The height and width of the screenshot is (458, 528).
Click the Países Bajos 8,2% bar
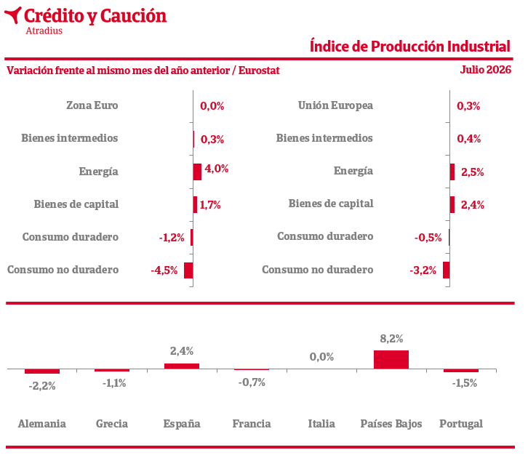point(391,359)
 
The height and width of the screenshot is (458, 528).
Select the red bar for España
point(182,366)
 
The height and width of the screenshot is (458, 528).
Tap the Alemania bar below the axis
point(42,371)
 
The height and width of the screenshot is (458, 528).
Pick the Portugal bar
point(461,371)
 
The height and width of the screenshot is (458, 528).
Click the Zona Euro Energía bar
point(197,172)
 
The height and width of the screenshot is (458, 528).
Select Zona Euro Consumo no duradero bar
point(188,270)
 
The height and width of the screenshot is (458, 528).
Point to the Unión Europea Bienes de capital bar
point(452,204)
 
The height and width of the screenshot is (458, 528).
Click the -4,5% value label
point(164,270)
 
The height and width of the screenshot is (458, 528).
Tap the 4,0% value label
point(217,169)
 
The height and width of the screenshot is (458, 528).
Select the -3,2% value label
point(423,270)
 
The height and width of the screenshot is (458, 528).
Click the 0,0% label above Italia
point(321,357)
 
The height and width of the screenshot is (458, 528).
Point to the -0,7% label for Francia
point(252,382)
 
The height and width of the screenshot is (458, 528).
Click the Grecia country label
point(112,423)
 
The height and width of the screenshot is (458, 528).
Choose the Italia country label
point(321,423)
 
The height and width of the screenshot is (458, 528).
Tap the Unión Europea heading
point(335,105)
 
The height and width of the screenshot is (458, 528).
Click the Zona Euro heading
point(92,105)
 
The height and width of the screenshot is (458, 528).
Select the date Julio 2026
point(486,70)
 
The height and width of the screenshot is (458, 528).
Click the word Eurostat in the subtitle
point(259,71)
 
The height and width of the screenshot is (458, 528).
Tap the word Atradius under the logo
point(44,31)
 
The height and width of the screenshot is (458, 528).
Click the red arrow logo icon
point(14,15)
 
